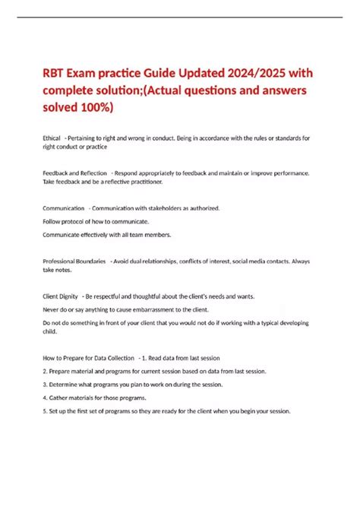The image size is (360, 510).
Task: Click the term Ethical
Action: [52, 137]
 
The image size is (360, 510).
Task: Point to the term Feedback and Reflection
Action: [74, 173]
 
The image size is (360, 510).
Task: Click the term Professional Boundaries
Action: [74, 261]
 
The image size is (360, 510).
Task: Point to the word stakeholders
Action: [169, 207]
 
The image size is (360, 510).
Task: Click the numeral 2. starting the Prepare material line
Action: [45, 370]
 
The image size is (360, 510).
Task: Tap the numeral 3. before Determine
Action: [45, 384]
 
